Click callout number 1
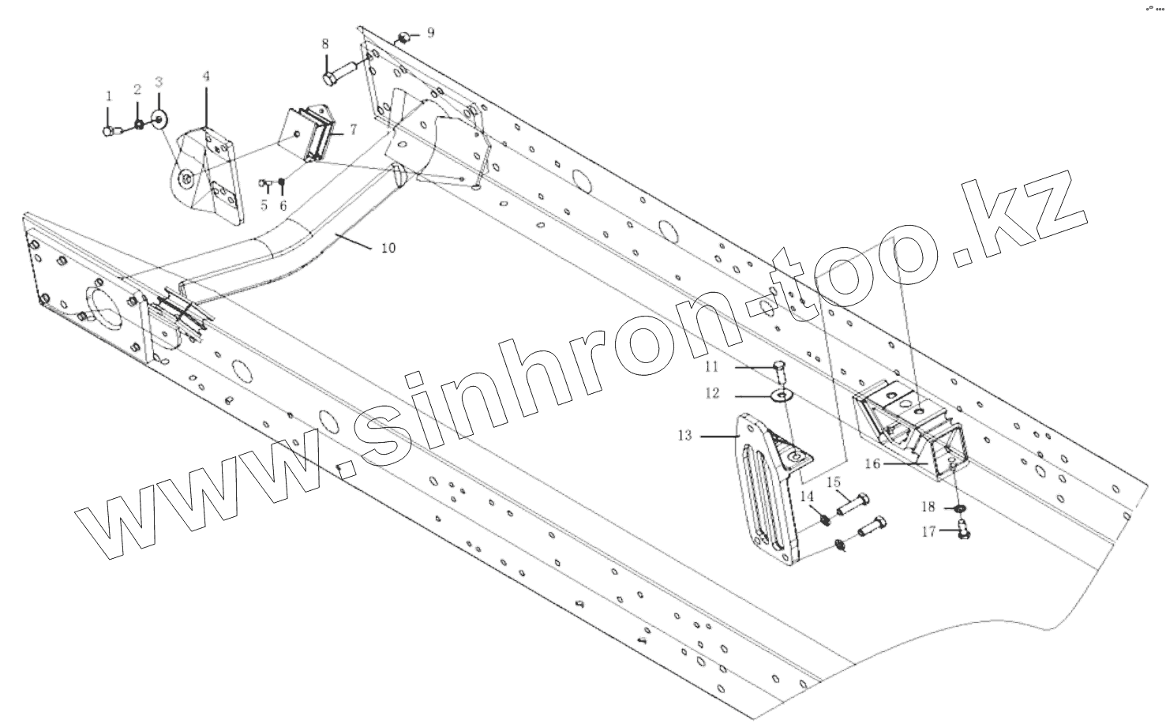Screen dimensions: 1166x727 (x=109, y=96)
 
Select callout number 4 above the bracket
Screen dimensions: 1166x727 (x=206, y=77)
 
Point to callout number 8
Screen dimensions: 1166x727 (x=325, y=44)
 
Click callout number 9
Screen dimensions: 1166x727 (x=430, y=32)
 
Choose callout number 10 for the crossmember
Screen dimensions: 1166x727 (x=388, y=248)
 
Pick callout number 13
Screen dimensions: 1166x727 (x=684, y=435)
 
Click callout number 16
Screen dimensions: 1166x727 (x=872, y=463)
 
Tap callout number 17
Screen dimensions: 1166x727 (x=928, y=531)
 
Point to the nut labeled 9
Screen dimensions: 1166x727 (x=403, y=37)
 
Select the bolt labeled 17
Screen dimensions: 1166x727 (x=962, y=530)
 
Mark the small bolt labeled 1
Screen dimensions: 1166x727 (x=110, y=131)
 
